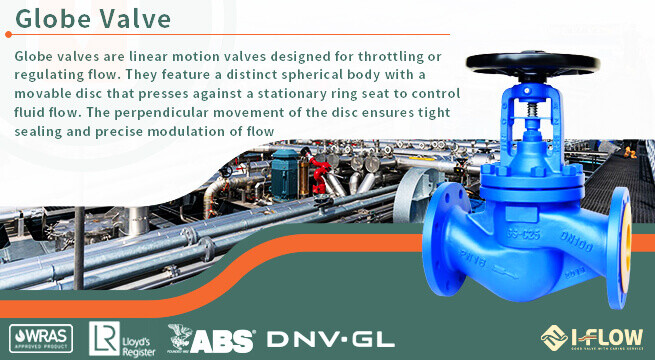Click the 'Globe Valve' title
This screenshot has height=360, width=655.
(93, 19)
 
